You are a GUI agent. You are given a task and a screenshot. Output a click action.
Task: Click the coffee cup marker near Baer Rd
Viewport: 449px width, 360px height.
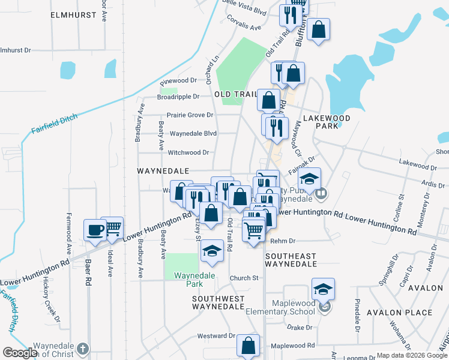[x=95, y=230]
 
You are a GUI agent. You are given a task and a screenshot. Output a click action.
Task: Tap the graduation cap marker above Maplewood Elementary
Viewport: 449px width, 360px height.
[x=323, y=290]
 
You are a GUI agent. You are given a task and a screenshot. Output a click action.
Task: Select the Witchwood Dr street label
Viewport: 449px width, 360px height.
[x=188, y=152]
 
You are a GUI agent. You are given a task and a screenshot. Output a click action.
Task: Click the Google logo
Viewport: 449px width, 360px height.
[x=20, y=353]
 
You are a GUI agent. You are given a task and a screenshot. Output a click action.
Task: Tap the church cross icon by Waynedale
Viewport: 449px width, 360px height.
[x=83, y=348]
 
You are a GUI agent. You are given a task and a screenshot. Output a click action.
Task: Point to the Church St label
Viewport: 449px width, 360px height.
[x=244, y=278]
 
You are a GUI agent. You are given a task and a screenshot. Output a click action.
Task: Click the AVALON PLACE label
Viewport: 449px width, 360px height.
[x=403, y=313]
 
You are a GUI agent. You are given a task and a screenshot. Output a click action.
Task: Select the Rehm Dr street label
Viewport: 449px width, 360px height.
[x=283, y=241]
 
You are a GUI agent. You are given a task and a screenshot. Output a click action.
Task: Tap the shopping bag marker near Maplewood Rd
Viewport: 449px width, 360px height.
[x=248, y=346]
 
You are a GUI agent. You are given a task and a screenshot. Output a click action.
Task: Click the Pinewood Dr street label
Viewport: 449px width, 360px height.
[x=178, y=80]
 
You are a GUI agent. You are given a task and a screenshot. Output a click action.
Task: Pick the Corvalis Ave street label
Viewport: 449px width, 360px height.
[x=244, y=27]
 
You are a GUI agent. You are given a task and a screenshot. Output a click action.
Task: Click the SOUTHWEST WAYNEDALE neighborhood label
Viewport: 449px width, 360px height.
[x=218, y=302]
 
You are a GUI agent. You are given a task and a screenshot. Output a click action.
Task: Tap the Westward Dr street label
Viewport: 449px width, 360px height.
[x=215, y=336]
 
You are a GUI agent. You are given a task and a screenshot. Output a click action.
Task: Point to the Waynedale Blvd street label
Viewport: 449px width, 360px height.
[x=193, y=133]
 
